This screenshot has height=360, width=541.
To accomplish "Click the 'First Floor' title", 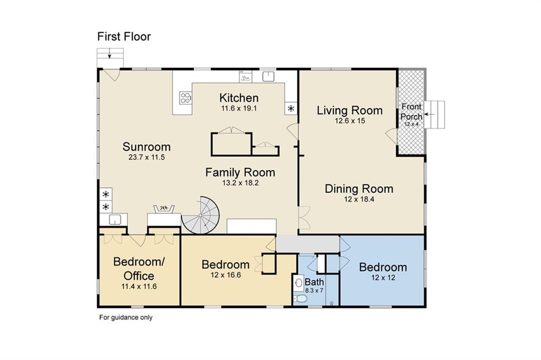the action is [x=124, y=36].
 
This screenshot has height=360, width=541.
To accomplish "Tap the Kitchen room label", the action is [x=239, y=98].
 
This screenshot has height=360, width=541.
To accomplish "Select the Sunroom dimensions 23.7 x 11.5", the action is [x=147, y=157].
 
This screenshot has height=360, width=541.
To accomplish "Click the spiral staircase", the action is [x=200, y=215].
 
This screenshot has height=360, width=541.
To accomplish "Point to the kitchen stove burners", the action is [x=185, y=98].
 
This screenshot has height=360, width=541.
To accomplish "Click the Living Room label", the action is [x=350, y=111].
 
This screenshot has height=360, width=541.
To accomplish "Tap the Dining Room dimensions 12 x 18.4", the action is [x=359, y=200].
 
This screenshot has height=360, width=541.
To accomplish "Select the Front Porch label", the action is [x=411, y=112].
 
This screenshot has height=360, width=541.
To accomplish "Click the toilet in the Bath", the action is [x=300, y=298].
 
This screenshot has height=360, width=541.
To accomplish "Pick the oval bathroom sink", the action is [x=299, y=283].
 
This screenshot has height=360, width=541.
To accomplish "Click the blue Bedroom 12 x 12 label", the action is [x=383, y=267].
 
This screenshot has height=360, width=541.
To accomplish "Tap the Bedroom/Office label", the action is [x=139, y=269].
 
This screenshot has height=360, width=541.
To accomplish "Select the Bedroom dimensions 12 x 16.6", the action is [x=226, y=275].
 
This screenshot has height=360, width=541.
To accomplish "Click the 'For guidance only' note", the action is [x=126, y=318].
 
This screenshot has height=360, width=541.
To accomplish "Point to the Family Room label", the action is [x=240, y=173].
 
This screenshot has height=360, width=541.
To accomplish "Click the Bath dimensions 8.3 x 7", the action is [x=314, y=291].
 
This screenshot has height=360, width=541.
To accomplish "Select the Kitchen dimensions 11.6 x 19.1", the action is [x=239, y=108].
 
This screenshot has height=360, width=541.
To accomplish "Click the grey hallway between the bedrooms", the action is [x=308, y=244].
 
